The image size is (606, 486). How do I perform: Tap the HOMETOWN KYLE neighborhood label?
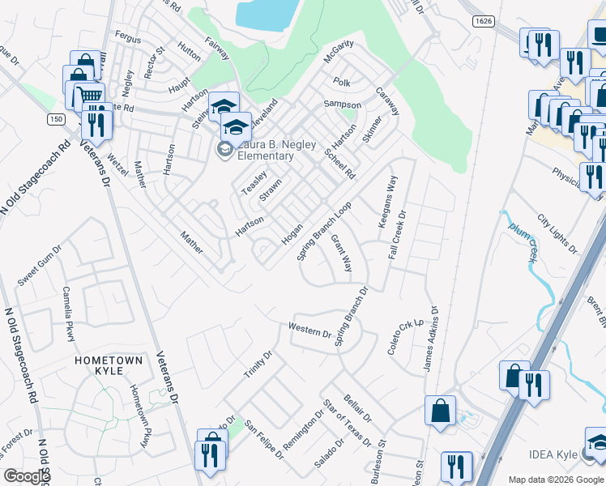tap(109, 364)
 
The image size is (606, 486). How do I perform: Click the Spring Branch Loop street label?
tap(325, 230)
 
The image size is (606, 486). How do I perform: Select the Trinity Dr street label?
tap(259, 364)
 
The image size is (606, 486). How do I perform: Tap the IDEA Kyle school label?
tap(554, 454)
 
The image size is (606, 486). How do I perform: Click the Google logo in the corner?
tap(27, 476)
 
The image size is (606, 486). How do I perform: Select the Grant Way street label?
tap(341, 254)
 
